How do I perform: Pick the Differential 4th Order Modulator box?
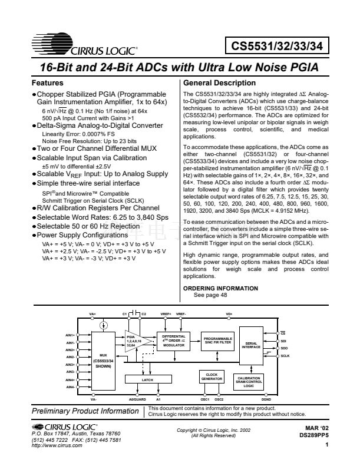point(174,341)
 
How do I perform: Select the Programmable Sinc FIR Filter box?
point(217,341)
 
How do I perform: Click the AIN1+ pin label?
point(69,335)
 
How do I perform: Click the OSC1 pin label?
point(204,399)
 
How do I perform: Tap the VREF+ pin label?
point(166,314)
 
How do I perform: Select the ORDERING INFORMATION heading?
point(220,287)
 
